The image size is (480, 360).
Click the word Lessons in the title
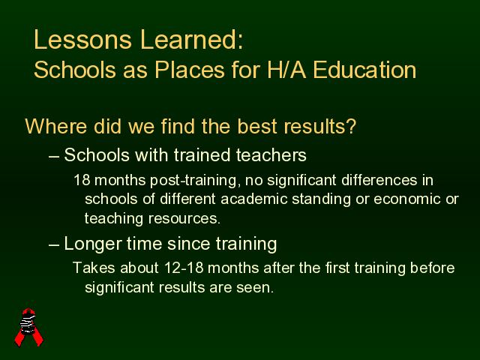(82, 40)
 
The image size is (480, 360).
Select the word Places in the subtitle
(190, 70)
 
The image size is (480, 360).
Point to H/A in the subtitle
(286, 70)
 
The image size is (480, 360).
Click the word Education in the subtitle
(364, 70)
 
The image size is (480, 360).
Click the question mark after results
(351, 126)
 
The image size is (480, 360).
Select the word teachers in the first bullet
(271, 155)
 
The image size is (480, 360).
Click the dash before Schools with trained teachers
(53, 157)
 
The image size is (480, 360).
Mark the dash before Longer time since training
(53, 245)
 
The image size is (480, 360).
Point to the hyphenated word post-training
(193, 180)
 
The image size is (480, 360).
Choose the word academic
(253, 199)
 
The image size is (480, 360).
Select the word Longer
(93, 244)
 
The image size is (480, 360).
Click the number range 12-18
(184, 268)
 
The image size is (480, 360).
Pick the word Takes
(94, 268)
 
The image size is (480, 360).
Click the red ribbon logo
(29, 327)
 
